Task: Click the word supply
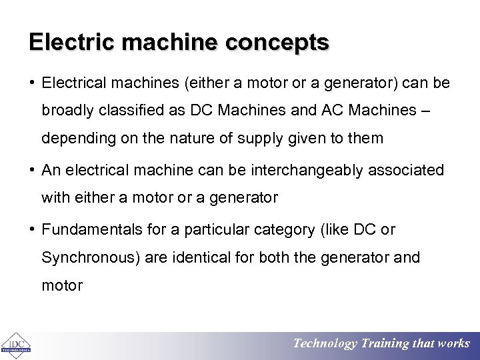[x=283, y=139]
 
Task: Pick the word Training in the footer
[x=385, y=344]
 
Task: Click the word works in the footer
[x=453, y=344]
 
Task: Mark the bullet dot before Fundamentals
[x=33, y=230]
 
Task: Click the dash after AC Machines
[x=425, y=111]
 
